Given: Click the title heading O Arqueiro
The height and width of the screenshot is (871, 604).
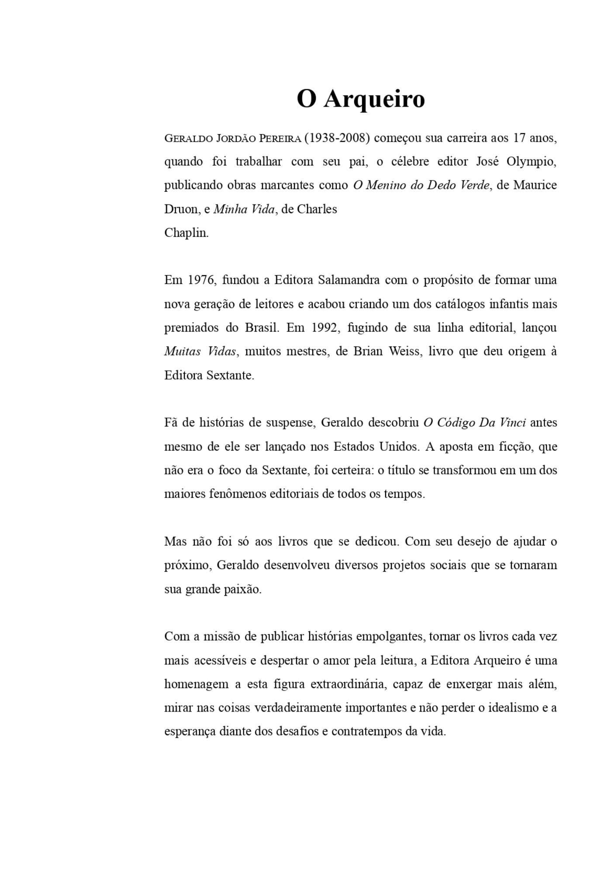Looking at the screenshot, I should [x=360, y=99].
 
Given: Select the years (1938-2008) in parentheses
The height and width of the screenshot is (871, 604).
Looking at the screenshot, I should [x=337, y=138].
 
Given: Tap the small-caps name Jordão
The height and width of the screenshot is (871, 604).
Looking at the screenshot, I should [x=235, y=138].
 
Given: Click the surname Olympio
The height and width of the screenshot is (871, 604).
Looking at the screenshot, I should [x=531, y=162].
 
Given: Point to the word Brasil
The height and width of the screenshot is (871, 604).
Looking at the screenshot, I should [x=262, y=328].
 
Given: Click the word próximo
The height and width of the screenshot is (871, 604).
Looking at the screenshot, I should [x=188, y=565].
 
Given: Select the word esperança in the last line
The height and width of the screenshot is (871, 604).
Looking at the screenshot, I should [x=190, y=732].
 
